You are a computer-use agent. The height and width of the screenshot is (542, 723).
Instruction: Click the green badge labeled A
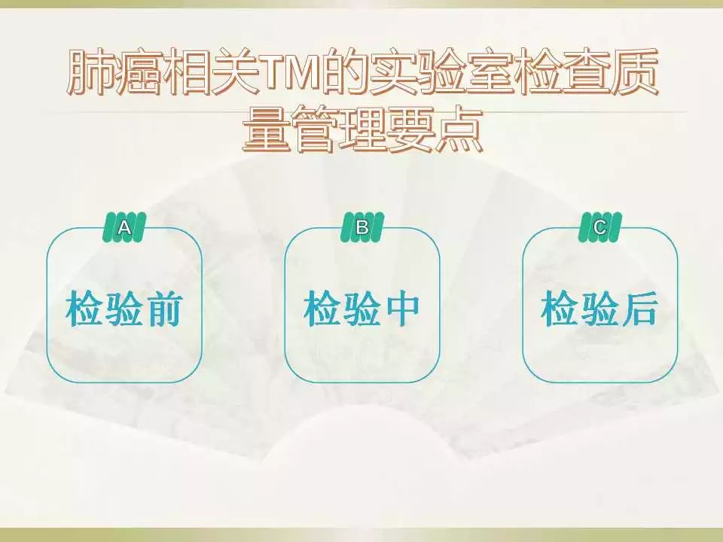124,227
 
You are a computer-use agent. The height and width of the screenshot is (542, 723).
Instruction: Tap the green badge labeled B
362,227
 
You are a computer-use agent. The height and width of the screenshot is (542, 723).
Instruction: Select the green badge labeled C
600,227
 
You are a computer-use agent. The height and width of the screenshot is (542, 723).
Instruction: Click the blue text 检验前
124,309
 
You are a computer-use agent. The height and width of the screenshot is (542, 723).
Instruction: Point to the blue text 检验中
361,309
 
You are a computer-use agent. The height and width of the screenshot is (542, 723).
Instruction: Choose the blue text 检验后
599,309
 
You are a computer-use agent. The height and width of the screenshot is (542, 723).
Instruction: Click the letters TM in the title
292,74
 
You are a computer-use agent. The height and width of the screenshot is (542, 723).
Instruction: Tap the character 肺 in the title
90,73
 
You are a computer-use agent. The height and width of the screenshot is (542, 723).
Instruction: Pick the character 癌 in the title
140,73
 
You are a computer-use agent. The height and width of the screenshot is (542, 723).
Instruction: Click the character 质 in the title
633,73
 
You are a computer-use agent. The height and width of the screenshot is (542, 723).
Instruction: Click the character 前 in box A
163,309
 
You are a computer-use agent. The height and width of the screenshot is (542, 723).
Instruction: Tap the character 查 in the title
584,73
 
